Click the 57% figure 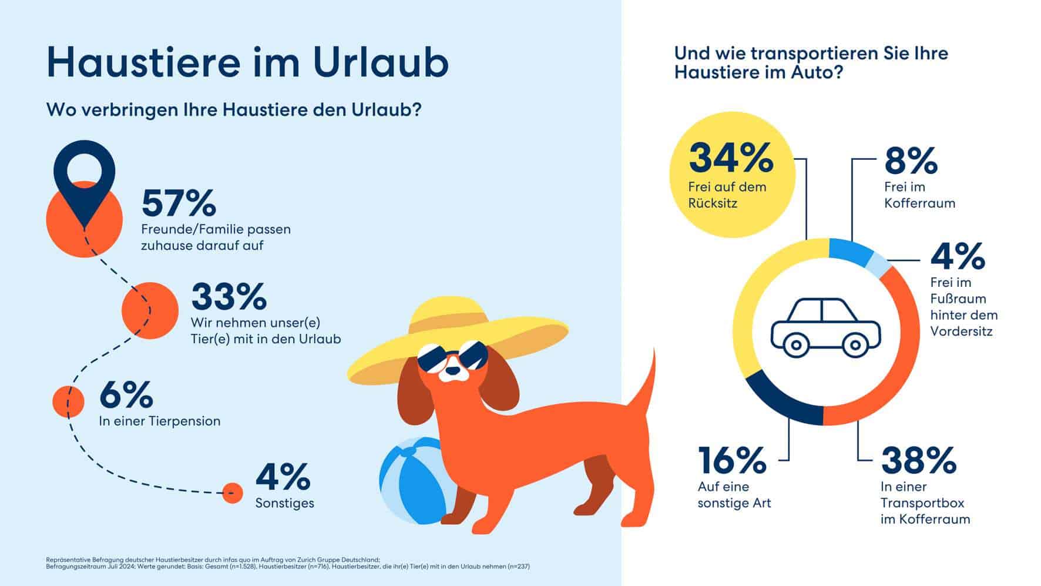pyautogui.click(x=179, y=203)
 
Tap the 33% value pyautogui.click(x=229, y=296)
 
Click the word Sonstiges pyautogui.click(x=284, y=503)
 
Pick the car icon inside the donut pyautogui.click(x=825, y=328)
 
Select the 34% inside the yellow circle pyautogui.click(x=731, y=157)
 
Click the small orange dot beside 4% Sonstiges pyautogui.click(x=233, y=493)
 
